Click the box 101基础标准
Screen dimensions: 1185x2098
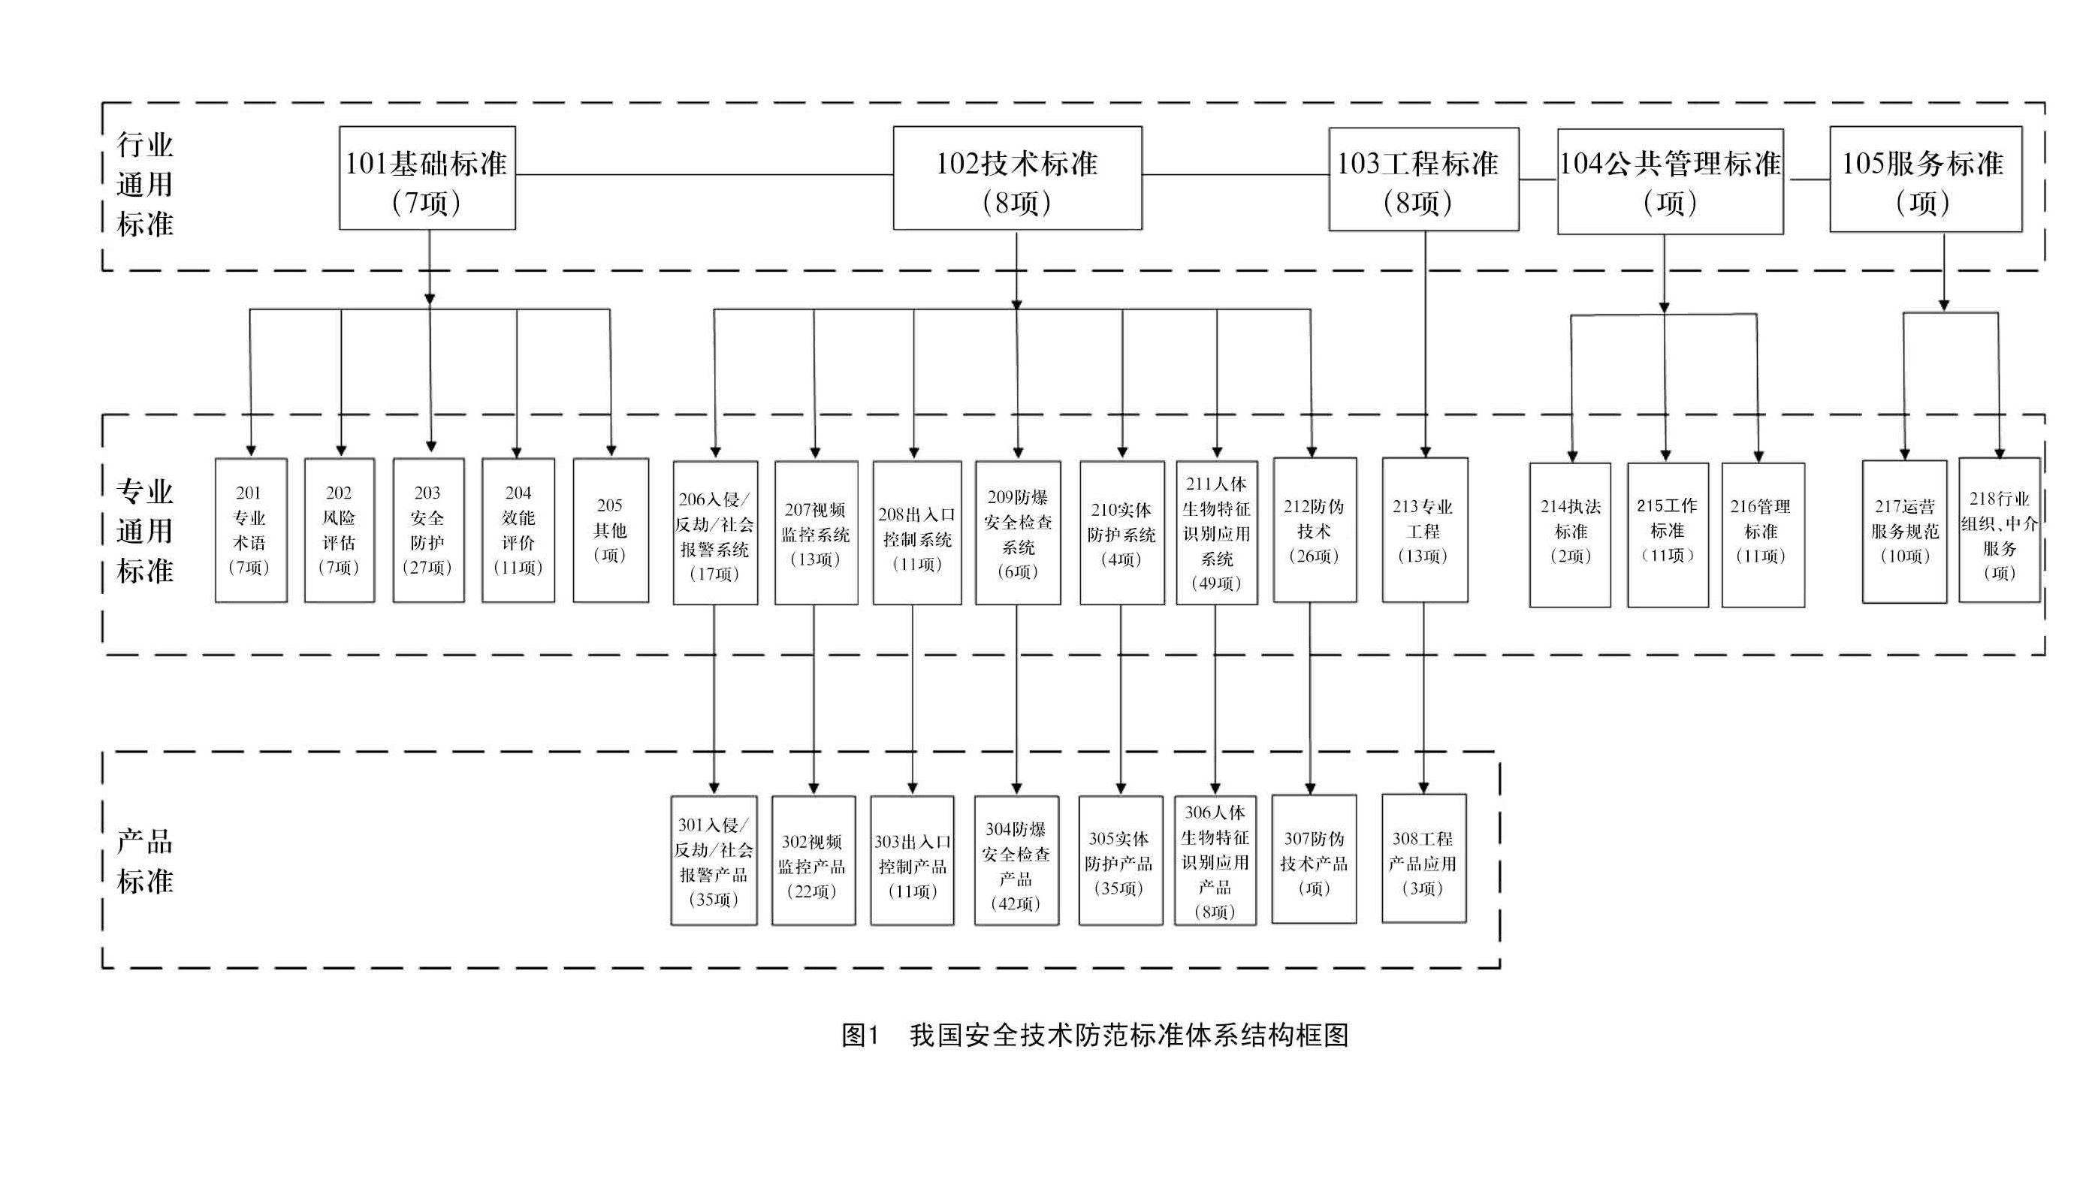(427, 179)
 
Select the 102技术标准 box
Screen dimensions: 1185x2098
(1016, 179)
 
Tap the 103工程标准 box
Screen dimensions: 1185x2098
(1423, 179)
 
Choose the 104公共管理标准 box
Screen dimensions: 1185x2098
(1670, 182)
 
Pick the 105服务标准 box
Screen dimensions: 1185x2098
(1925, 179)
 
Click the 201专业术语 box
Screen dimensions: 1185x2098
(250, 530)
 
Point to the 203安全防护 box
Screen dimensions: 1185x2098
(428, 530)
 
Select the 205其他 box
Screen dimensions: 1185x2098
(610, 530)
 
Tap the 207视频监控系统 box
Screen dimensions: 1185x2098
(815, 533)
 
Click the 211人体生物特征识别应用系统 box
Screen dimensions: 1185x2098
(1216, 533)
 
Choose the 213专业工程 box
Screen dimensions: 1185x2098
(1423, 530)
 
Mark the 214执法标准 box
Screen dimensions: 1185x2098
(1569, 535)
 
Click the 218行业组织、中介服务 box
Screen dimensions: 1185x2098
(1999, 530)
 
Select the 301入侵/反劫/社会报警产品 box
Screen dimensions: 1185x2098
(714, 861)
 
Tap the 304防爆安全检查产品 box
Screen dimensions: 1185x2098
(1016, 861)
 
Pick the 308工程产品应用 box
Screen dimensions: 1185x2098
(1423, 859)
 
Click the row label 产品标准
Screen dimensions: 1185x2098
(145, 861)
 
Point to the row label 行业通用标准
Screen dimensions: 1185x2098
(145, 185)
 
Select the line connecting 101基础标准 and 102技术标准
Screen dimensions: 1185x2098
(705, 174)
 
